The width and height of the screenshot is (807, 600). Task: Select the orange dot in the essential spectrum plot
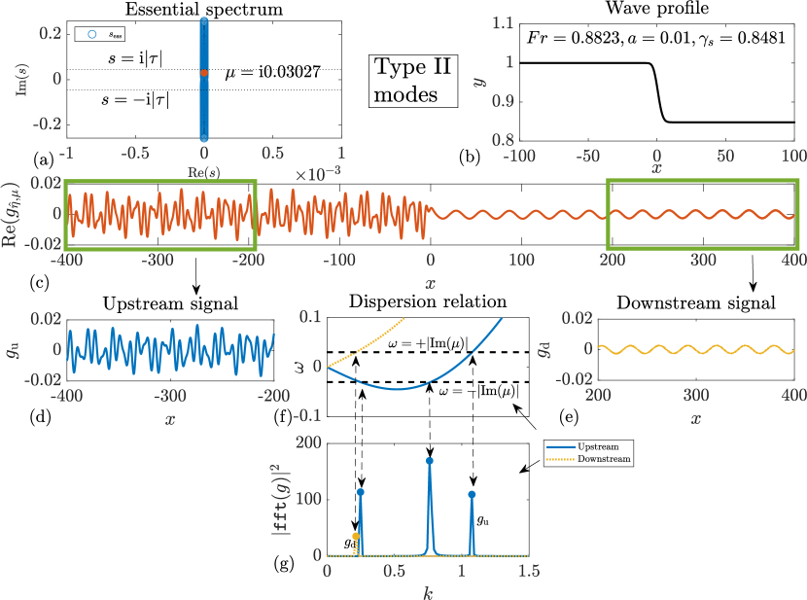tap(204, 72)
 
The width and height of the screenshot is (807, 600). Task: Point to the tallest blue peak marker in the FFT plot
tap(429, 460)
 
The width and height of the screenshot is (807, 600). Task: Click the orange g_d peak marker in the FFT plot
tap(356, 536)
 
